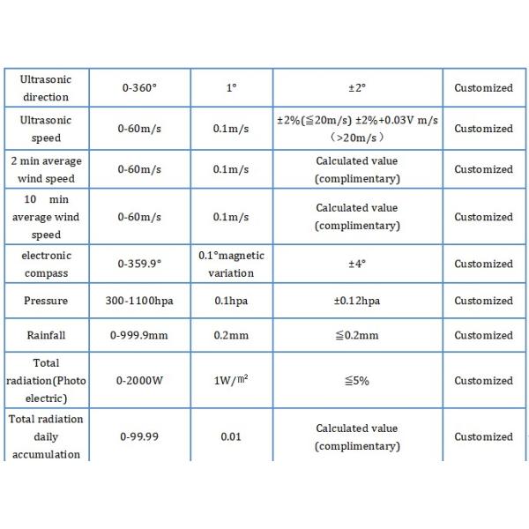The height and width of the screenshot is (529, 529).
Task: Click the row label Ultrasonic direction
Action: coord(46,87)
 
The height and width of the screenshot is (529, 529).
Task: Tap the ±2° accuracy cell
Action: coord(356,88)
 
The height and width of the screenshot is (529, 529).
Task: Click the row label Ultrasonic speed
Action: coord(46,128)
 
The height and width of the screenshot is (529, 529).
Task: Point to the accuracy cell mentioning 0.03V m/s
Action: coord(356,128)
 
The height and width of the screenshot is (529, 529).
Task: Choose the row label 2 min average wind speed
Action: coord(46,169)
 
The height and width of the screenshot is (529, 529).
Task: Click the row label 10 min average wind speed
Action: coord(46,217)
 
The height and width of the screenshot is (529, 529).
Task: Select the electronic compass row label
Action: coord(46,264)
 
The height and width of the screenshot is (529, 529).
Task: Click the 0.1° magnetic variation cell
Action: coord(230,264)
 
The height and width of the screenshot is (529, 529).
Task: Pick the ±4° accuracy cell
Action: coord(356,264)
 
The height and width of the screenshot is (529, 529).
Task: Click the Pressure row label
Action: coord(46,301)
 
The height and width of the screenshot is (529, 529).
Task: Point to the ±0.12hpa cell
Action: coord(356,301)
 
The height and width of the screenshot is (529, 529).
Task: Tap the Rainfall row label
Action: coord(46,335)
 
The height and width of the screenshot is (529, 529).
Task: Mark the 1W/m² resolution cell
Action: coord(230,381)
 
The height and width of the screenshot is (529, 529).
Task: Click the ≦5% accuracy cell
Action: coord(356,381)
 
